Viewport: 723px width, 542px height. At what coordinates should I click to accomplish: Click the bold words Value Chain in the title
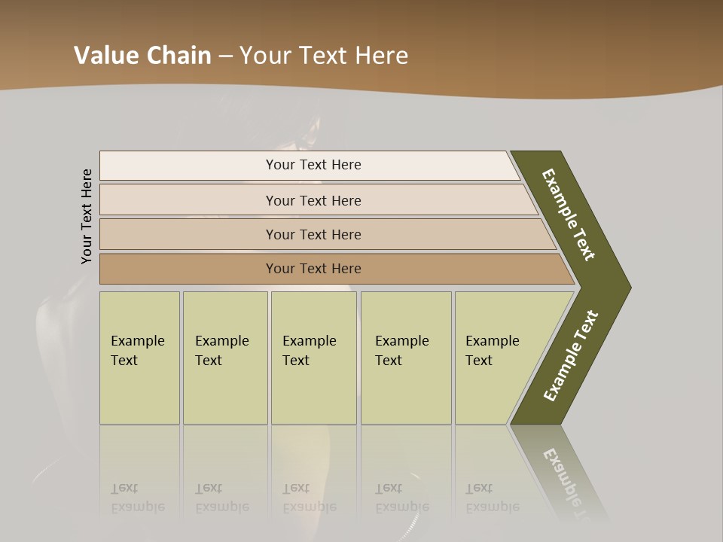pyautogui.click(x=142, y=56)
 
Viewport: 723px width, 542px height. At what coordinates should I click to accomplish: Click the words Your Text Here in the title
pyautogui.click(x=324, y=56)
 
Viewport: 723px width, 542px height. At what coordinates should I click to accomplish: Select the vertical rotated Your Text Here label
pyautogui.click(x=87, y=216)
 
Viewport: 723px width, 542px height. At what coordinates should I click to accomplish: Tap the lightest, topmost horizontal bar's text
pyautogui.click(x=313, y=165)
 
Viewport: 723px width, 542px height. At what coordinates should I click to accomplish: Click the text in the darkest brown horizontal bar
pyautogui.click(x=313, y=269)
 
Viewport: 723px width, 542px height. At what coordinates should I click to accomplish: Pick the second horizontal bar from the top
pyautogui.click(x=313, y=200)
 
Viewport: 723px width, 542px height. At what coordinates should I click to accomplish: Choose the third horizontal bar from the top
pyautogui.click(x=313, y=234)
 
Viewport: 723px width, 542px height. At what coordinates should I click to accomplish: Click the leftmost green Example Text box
pyautogui.click(x=139, y=358)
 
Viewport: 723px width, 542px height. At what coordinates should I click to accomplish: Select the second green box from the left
pyautogui.click(x=224, y=358)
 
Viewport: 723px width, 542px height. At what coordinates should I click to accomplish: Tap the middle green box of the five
pyautogui.click(x=313, y=358)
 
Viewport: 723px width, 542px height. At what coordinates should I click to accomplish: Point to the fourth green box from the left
pyautogui.click(x=405, y=358)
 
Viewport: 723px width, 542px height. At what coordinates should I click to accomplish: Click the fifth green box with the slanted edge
pyautogui.click(x=497, y=358)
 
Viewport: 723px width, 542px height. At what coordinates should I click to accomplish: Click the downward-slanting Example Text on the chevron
pyautogui.click(x=569, y=215)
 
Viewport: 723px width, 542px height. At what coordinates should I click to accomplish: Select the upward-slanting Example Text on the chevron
pyautogui.click(x=571, y=356)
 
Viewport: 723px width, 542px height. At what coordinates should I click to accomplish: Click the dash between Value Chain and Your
pyautogui.click(x=225, y=56)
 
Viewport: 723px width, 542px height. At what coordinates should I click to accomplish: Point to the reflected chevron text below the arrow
pyautogui.click(x=569, y=482)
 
